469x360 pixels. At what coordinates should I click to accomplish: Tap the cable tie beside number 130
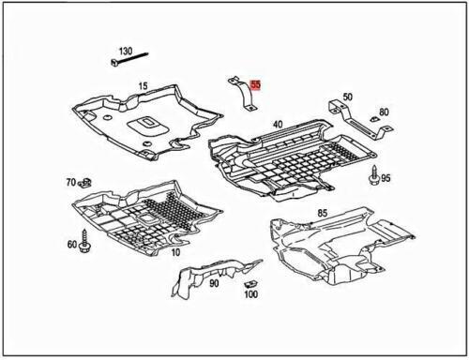(x=127, y=65)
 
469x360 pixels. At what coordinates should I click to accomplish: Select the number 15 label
(x=144, y=86)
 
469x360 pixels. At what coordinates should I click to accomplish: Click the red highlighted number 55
(x=256, y=84)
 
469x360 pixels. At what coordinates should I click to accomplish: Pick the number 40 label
(x=278, y=125)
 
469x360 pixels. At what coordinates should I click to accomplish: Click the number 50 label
(x=347, y=97)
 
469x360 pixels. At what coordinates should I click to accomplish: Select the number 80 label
(x=384, y=112)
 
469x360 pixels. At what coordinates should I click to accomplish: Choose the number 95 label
(x=386, y=178)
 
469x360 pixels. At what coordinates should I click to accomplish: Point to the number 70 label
(x=70, y=181)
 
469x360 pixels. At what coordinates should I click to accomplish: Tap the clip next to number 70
(x=86, y=181)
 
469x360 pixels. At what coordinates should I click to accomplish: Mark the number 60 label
(x=71, y=244)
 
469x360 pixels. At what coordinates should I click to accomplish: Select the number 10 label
(x=176, y=252)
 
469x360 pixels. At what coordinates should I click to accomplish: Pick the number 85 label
(x=322, y=213)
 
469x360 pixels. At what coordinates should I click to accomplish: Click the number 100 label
(x=250, y=295)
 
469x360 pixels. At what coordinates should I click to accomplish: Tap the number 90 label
(x=214, y=282)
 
